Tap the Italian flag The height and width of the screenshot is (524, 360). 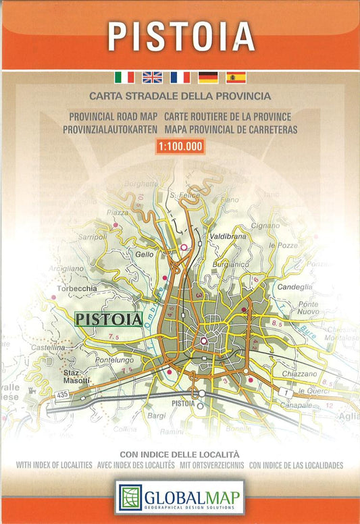[x=124, y=77]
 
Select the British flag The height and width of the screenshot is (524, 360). [x=152, y=77]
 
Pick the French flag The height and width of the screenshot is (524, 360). [x=180, y=77]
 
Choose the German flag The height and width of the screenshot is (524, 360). [x=208, y=77]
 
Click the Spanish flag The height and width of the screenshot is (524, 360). [x=236, y=77]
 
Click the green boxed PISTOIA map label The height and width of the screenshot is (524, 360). [x=108, y=317]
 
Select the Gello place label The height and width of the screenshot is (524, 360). [x=145, y=254]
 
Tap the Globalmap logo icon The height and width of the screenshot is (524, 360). [x=128, y=498]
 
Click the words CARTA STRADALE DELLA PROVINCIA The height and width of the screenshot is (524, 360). [x=180, y=96]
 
